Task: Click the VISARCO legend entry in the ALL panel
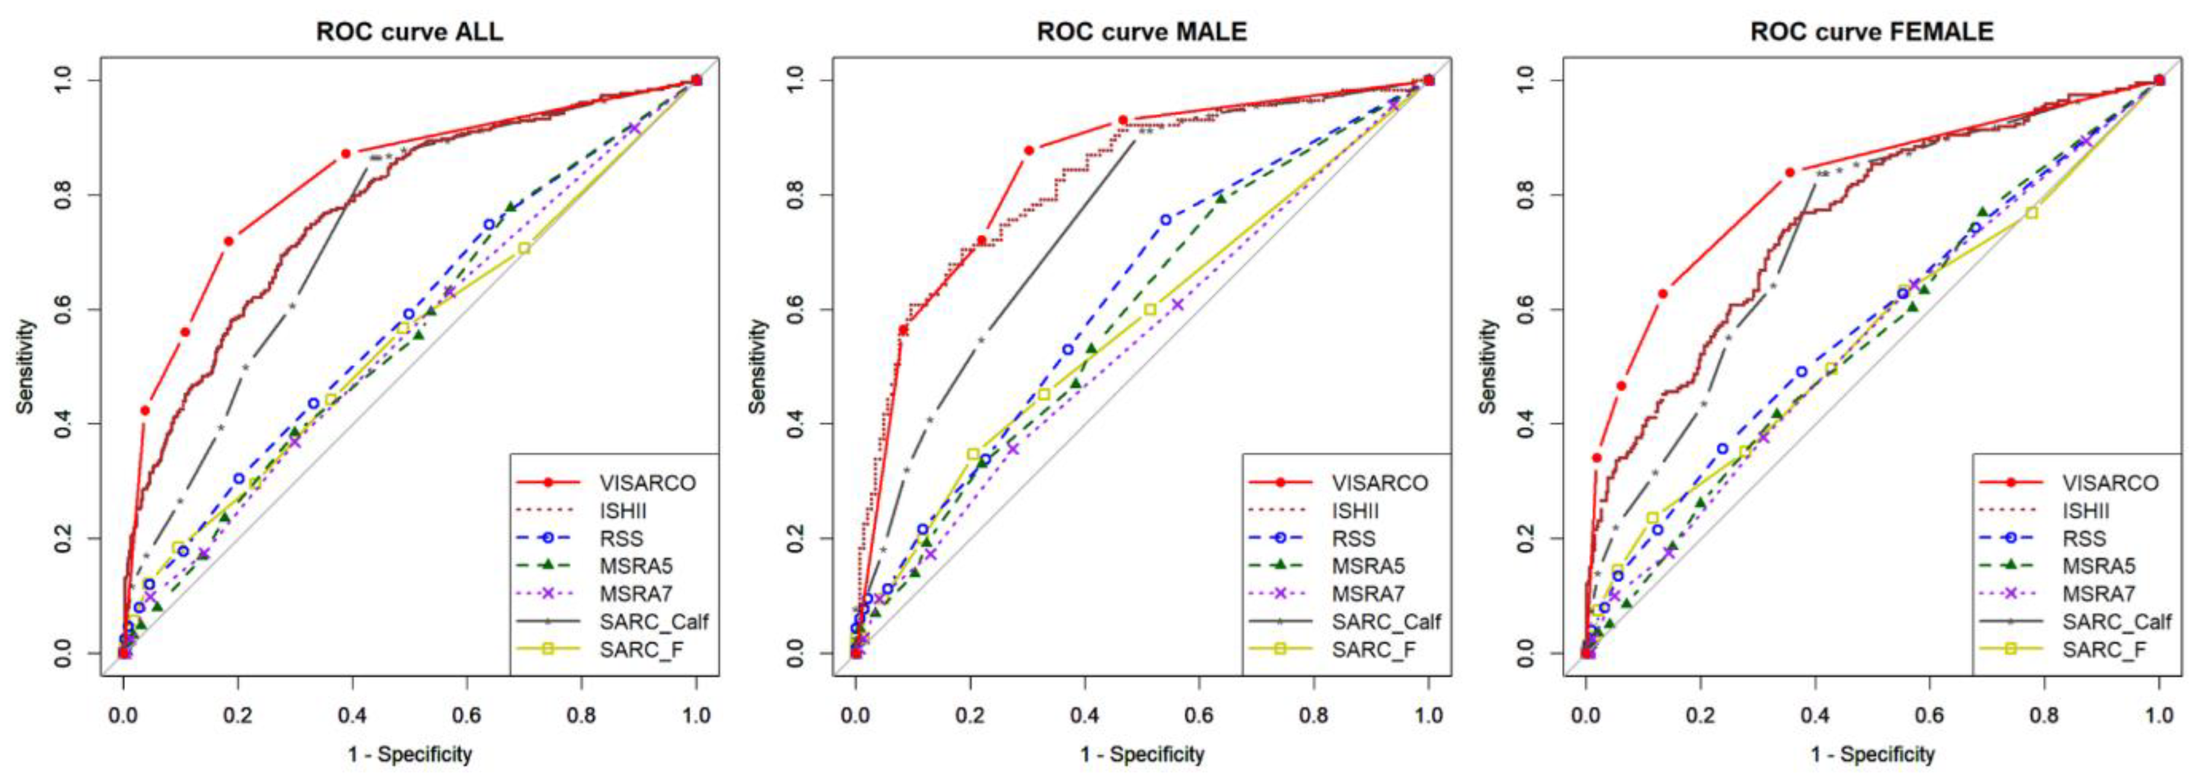(647, 483)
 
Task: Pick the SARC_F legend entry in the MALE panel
(1373, 650)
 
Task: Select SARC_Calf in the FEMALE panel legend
(2116, 622)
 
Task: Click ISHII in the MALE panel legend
(1354, 511)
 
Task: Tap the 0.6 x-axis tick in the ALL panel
(468, 714)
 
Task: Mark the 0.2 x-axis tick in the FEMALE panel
(1700, 714)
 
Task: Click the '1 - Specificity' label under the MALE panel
(1141, 754)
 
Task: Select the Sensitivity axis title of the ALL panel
(25, 366)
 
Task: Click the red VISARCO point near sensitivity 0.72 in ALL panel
(228, 241)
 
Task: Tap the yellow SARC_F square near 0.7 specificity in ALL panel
(524, 248)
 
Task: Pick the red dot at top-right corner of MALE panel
(1429, 80)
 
